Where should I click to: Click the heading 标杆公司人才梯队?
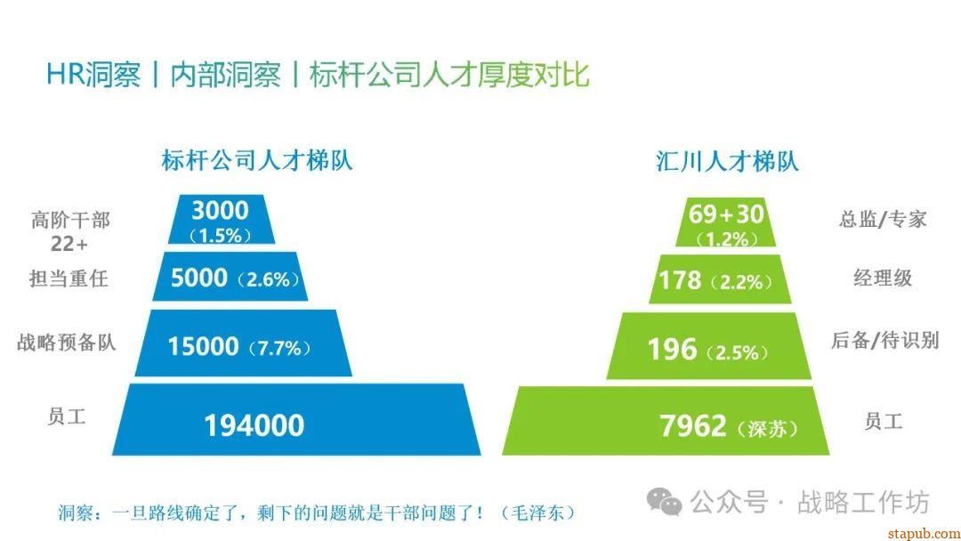click(x=256, y=161)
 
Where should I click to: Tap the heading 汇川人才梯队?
click(x=727, y=161)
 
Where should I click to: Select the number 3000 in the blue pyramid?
click(x=220, y=211)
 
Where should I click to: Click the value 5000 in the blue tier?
click(x=199, y=279)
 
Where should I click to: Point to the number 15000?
click(x=204, y=346)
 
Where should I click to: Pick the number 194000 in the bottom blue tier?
click(x=254, y=426)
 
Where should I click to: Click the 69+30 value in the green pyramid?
click(x=726, y=214)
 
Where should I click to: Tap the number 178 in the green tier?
click(x=680, y=280)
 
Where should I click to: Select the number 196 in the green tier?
click(x=672, y=349)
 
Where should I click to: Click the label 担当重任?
click(x=69, y=279)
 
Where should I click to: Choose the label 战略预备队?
click(x=67, y=343)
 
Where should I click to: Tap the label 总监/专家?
click(x=883, y=219)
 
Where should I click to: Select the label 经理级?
click(x=883, y=278)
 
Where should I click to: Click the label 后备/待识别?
click(x=884, y=340)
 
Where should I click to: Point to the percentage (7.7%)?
click(x=279, y=349)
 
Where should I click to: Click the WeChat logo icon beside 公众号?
click(x=664, y=502)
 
